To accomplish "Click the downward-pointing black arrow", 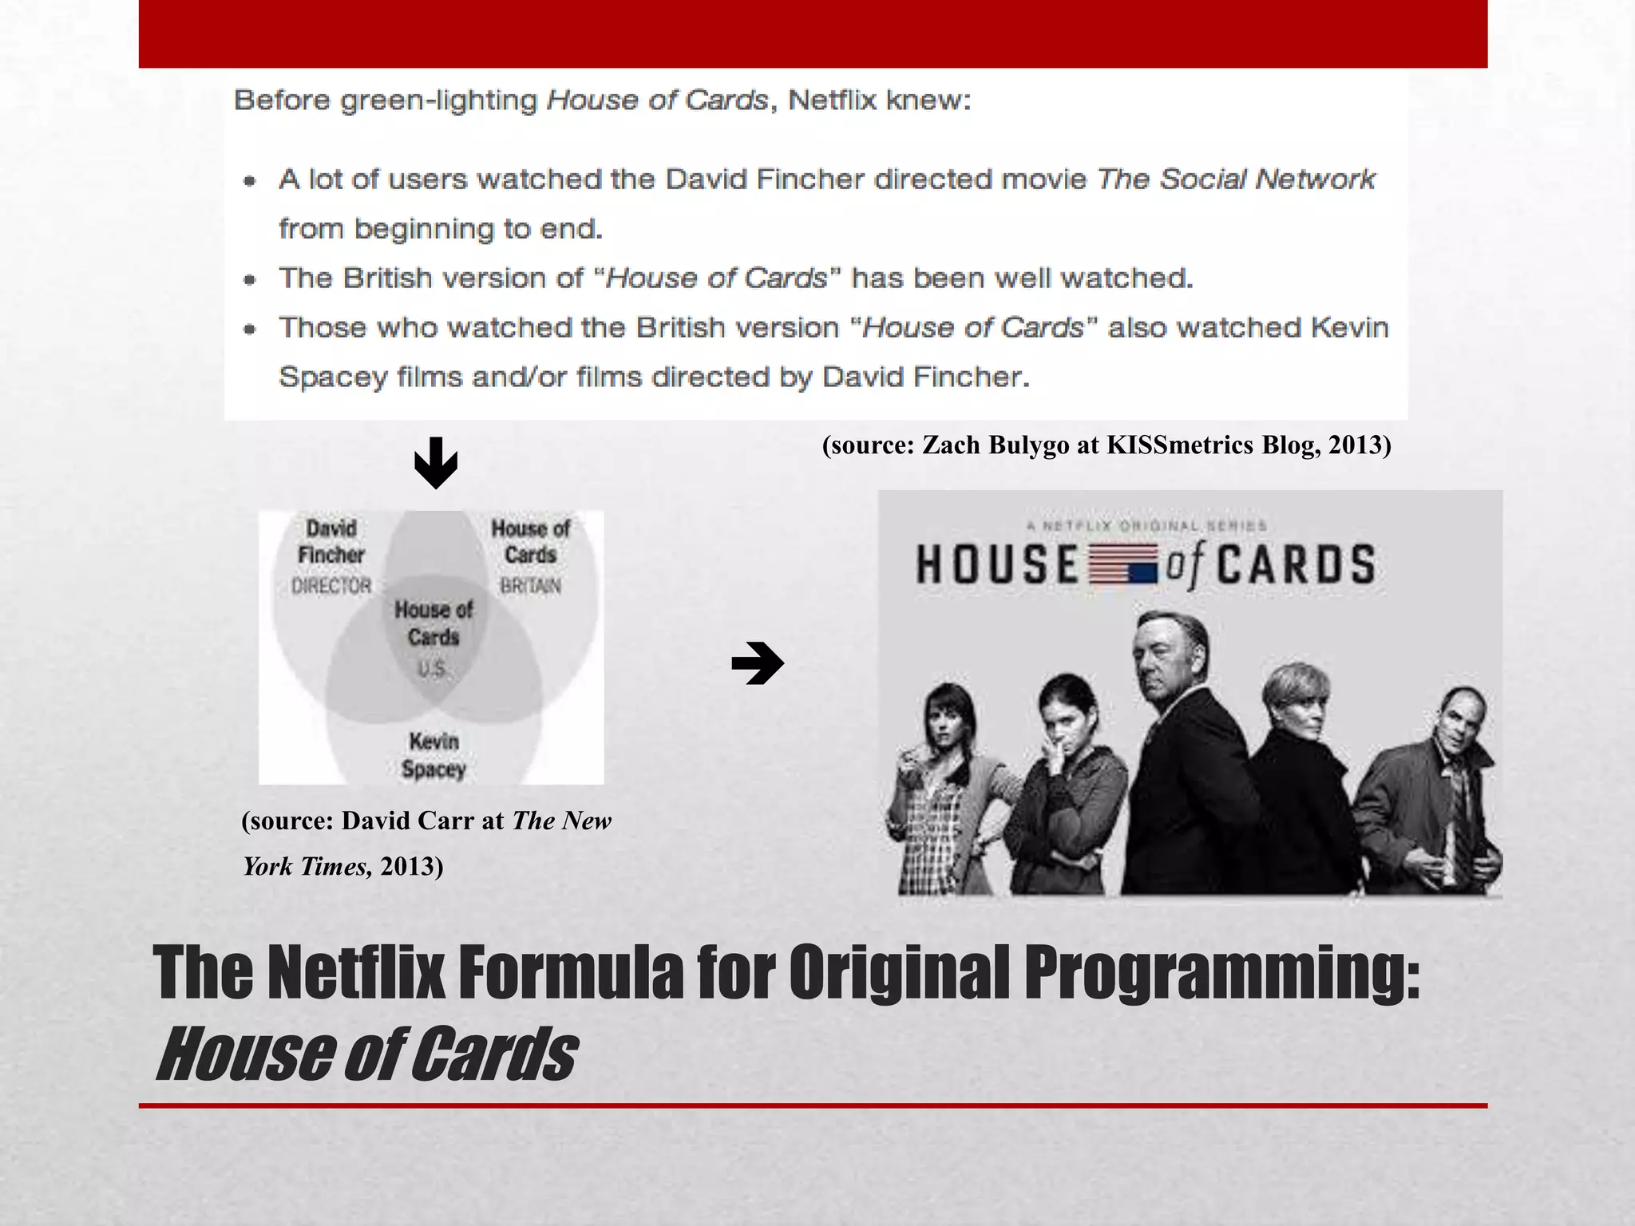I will [436, 463].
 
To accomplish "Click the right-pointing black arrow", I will [758, 663].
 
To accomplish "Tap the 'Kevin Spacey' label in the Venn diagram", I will [433, 755].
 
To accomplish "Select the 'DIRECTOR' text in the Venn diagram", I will [331, 586].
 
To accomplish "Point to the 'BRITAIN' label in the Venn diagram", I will [531, 586].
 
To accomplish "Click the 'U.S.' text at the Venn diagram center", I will [432, 669].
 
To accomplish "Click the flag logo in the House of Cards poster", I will [1122, 564].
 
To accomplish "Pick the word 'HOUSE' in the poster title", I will [999, 564].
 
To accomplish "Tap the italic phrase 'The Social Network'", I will [1236, 180].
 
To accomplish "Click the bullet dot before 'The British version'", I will [251, 279].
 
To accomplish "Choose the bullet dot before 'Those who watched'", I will [251, 329].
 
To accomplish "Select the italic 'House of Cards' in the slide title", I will [366, 1054].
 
